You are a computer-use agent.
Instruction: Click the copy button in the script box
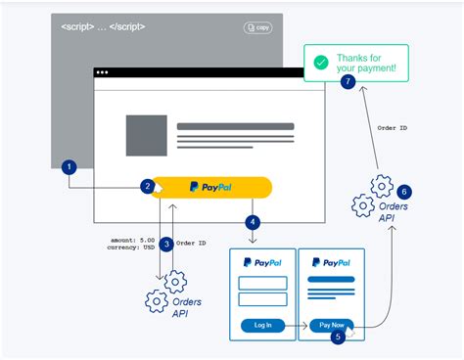pos(257,28)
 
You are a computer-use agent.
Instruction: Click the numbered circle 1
pos(69,167)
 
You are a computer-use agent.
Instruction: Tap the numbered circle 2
pos(147,186)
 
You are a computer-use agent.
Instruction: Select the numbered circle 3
pos(166,244)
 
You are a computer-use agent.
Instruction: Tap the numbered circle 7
pos(348,82)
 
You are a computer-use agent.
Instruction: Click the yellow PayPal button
pos(211,186)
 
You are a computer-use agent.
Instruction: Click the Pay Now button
pos(330,324)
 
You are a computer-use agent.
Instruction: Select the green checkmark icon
pos(320,64)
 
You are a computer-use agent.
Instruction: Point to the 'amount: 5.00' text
pos(132,239)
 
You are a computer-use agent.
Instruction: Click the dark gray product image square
pos(147,135)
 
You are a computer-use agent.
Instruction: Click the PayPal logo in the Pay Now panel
pos(331,262)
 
